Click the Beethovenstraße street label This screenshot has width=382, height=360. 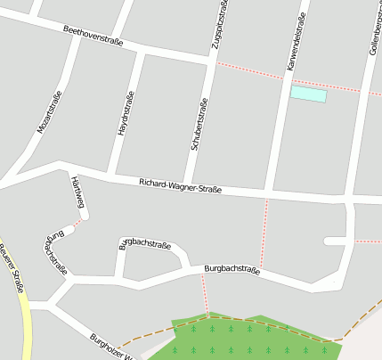93,36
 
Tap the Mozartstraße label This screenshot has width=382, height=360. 49,113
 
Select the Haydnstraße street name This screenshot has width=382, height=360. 126,113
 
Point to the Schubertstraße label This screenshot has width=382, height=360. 199,129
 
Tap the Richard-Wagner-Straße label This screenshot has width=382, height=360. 180,186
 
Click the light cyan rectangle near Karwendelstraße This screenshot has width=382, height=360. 308,94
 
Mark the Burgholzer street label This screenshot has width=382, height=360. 111,347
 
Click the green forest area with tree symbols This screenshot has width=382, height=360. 240,339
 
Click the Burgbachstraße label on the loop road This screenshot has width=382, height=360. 145,243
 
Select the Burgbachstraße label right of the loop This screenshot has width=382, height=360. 232,268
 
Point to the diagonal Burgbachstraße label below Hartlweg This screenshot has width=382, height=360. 54,252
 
